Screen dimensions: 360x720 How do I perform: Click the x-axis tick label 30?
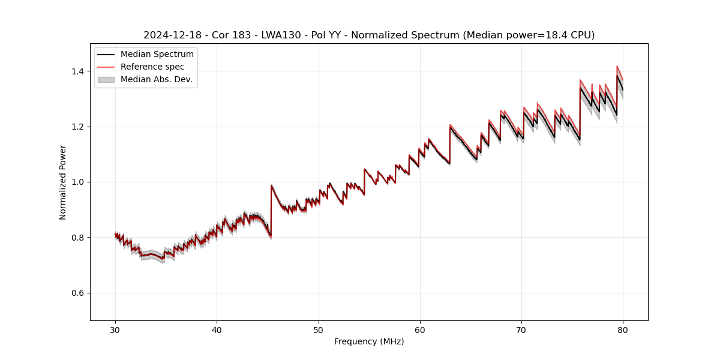pos(115,329)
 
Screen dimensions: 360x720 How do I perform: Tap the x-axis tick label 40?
pos(217,329)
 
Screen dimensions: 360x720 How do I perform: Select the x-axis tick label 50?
pos(319,329)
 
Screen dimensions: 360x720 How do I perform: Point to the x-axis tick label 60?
pos(420,329)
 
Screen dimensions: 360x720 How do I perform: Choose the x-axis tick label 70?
pos(521,329)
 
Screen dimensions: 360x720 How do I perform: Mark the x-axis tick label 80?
pos(623,329)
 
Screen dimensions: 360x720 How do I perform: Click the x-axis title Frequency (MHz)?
pos(369,341)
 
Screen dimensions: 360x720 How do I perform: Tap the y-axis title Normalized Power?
pos(63,182)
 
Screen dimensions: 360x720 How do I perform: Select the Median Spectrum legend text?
pos(157,55)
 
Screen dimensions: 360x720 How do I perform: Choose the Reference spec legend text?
pos(152,67)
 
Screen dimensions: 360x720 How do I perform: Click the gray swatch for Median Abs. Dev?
pos(106,79)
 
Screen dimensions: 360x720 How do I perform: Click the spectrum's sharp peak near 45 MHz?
pos(271,185)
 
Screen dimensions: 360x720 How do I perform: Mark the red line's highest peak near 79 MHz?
pos(617,67)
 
